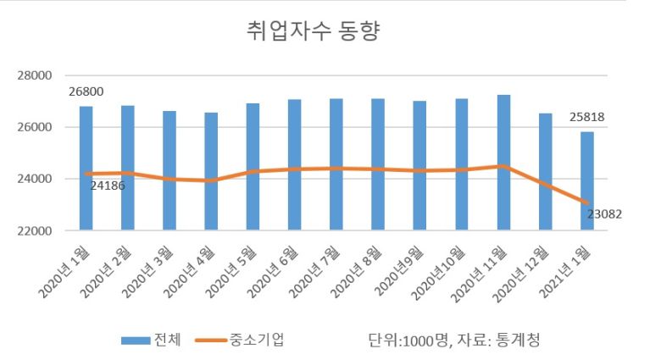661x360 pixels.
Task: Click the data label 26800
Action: click(x=86, y=91)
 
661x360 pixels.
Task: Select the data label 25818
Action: click(x=586, y=117)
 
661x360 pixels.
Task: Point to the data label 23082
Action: click(x=604, y=214)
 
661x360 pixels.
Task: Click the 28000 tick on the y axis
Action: click(x=34, y=75)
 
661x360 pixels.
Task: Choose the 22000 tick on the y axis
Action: click(x=34, y=230)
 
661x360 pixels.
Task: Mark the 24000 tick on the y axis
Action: click(x=34, y=179)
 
